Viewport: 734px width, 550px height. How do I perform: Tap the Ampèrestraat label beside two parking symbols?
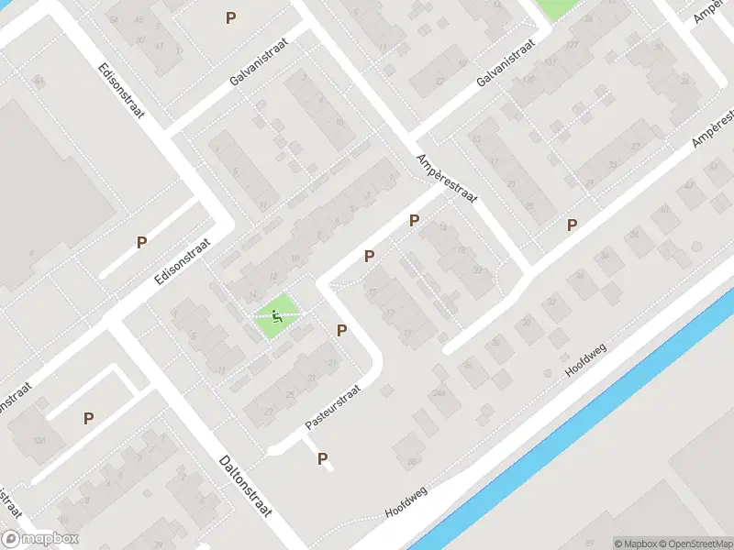point(447,180)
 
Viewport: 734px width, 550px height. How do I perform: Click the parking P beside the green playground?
point(342,330)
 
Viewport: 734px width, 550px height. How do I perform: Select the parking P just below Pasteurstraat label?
point(322,459)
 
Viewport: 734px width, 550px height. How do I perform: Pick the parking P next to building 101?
point(89,418)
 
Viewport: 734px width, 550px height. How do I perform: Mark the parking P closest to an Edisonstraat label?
point(141,243)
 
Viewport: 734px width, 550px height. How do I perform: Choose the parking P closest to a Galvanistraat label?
point(230,17)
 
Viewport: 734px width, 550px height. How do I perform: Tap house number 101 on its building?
point(39,440)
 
